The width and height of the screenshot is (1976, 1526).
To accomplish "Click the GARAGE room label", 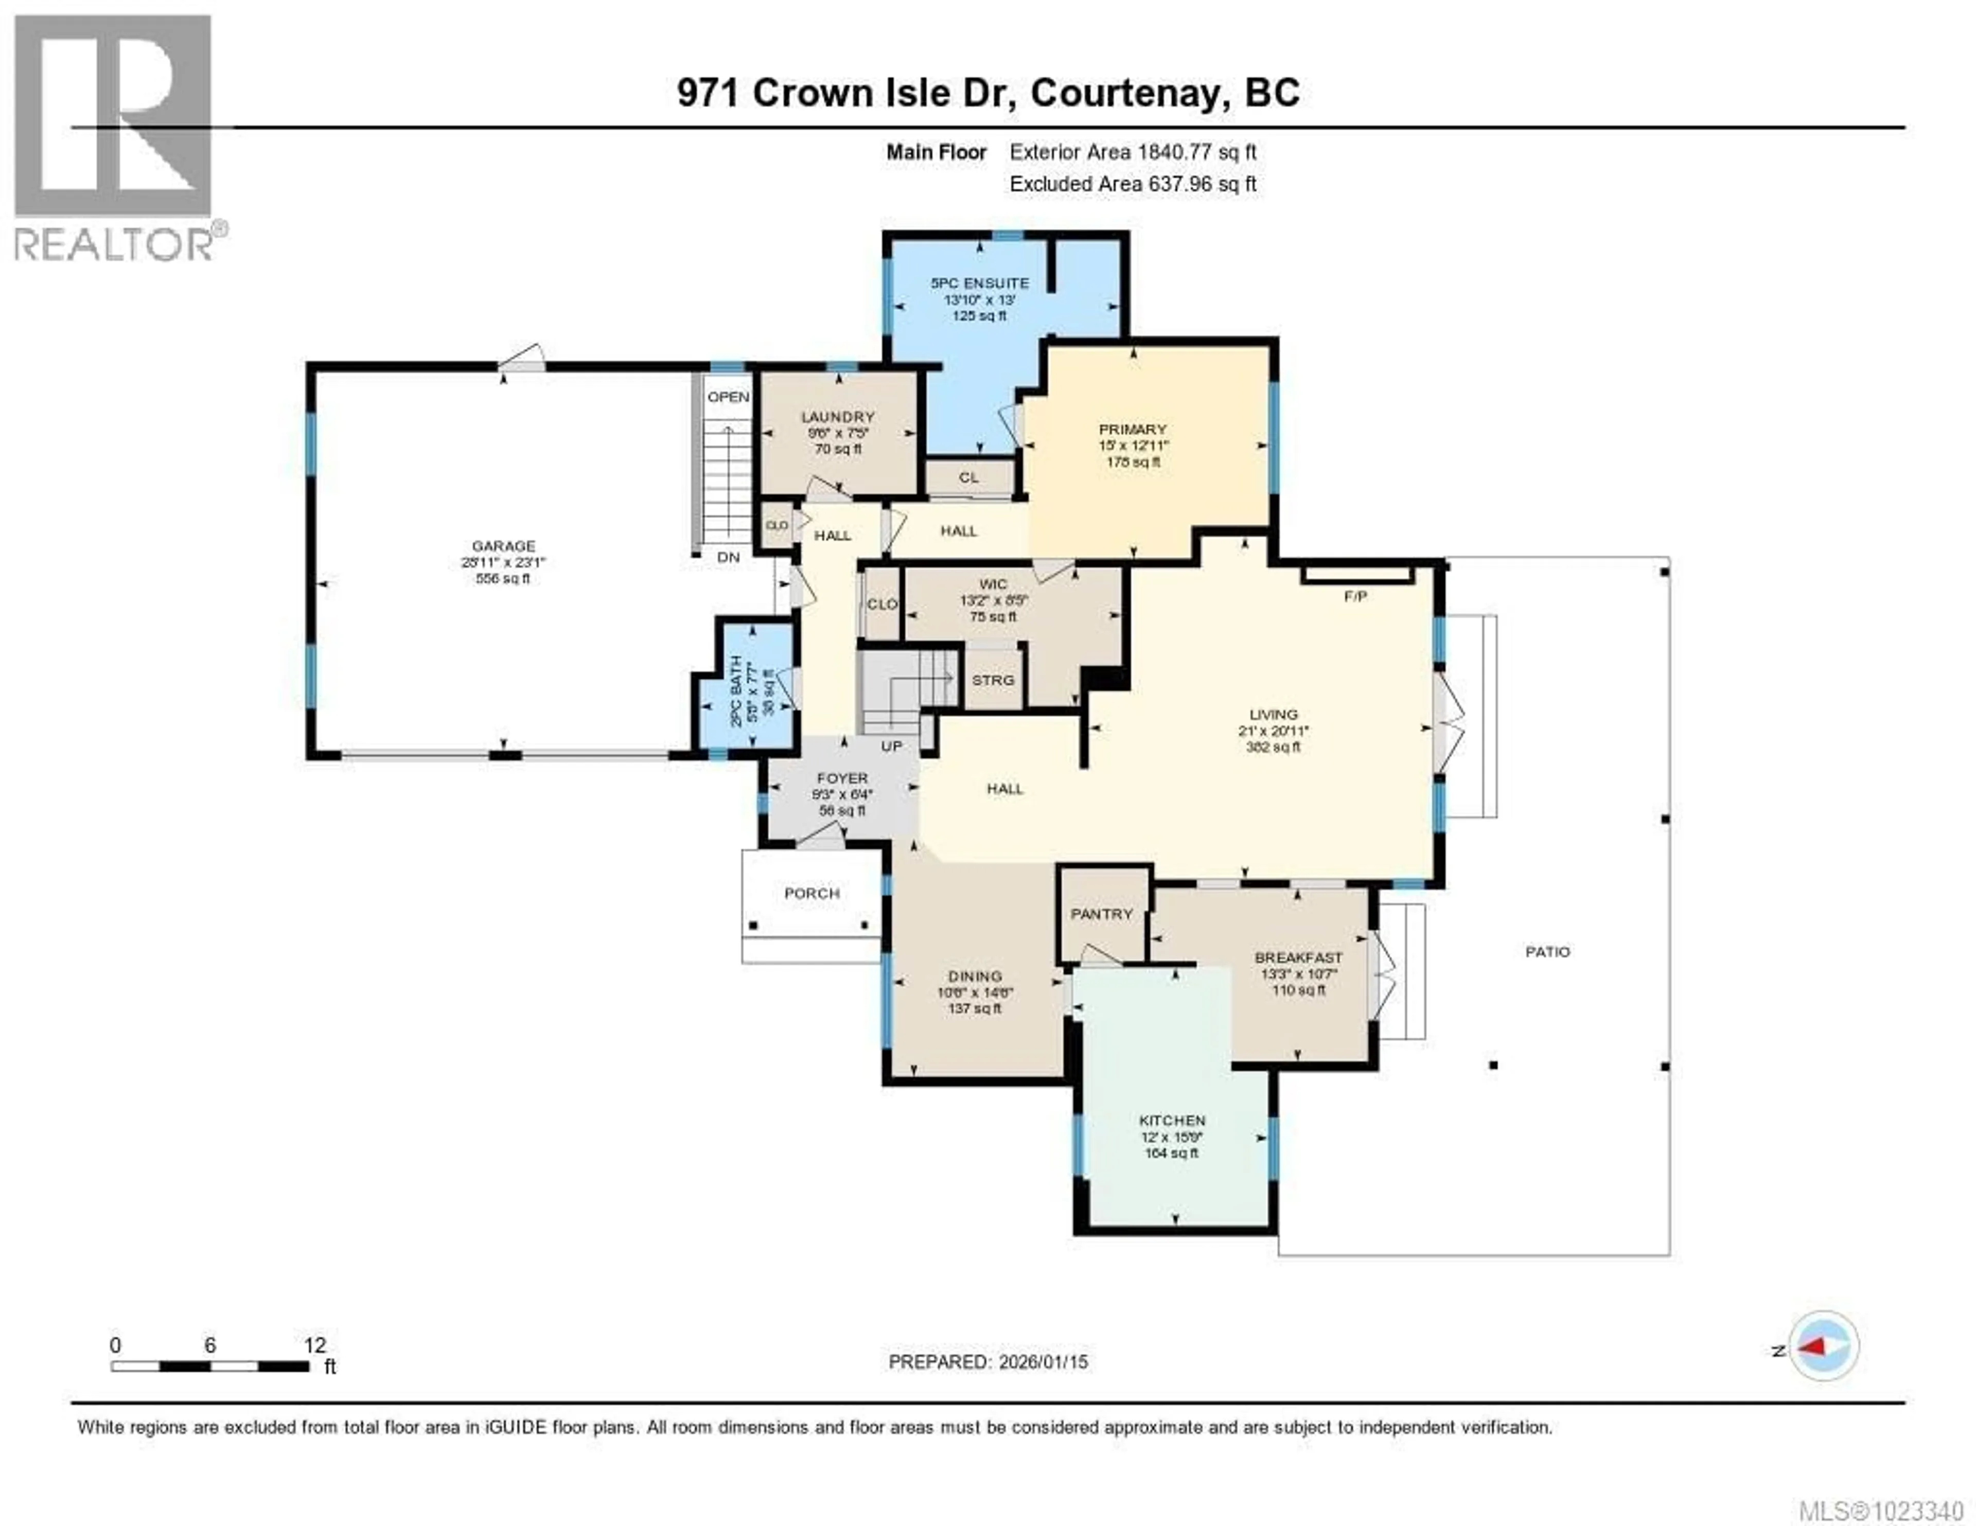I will [x=503, y=545].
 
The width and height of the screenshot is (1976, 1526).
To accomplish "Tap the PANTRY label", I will [x=1101, y=914].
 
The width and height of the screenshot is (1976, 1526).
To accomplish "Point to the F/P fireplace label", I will [x=1354, y=597].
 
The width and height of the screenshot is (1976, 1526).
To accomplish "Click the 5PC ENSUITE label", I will [x=980, y=283].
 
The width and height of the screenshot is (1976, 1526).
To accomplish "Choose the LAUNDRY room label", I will [x=837, y=417].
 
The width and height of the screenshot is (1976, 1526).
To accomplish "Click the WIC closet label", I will [x=993, y=583].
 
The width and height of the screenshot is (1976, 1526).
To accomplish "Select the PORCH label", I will [x=811, y=893].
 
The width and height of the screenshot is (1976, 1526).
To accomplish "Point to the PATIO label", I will [x=1547, y=952].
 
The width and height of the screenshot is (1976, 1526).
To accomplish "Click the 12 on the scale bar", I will [x=314, y=1345].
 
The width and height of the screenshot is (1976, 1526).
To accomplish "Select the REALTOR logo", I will [x=114, y=136].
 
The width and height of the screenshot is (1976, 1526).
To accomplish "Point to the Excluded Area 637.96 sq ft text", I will [x=1132, y=184].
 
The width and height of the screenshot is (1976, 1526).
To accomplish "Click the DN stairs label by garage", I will [x=728, y=557].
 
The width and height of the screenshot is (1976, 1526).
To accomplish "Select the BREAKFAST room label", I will [x=1297, y=957].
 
